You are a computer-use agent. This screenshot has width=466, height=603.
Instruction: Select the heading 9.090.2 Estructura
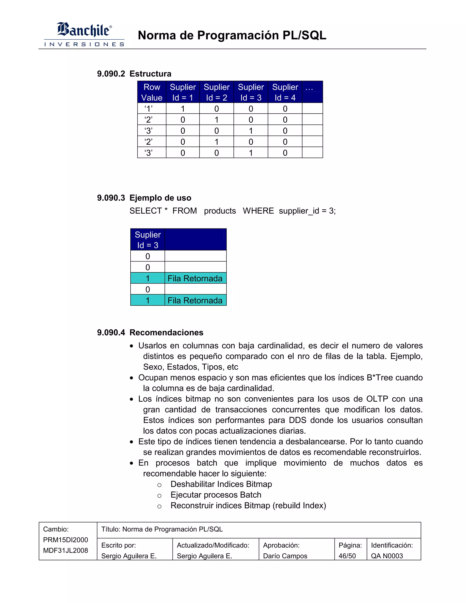pos(134,74)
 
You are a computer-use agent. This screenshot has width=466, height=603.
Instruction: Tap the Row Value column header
pos(152,92)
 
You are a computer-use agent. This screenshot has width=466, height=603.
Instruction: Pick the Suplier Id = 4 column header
pos(285,92)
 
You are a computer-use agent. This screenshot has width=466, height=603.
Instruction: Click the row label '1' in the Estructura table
pos(149,109)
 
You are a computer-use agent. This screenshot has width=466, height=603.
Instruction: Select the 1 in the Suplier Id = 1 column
pos(182,109)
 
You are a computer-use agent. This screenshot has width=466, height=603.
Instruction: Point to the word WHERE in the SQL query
pos(258,211)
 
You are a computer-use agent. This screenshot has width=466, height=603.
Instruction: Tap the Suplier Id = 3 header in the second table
pos(148,240)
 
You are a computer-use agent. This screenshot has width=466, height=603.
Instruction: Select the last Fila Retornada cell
pos(195,300)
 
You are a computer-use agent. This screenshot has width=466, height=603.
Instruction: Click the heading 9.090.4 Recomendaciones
pos(150,332)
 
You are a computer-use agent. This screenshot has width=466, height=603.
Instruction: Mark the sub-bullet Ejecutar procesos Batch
pos(216,495)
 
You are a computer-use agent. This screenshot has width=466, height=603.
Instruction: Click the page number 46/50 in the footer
pos(347,556)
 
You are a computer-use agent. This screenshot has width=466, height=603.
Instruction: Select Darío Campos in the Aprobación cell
pos(285,556)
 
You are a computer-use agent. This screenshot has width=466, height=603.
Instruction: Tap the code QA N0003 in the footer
pos(387,556)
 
